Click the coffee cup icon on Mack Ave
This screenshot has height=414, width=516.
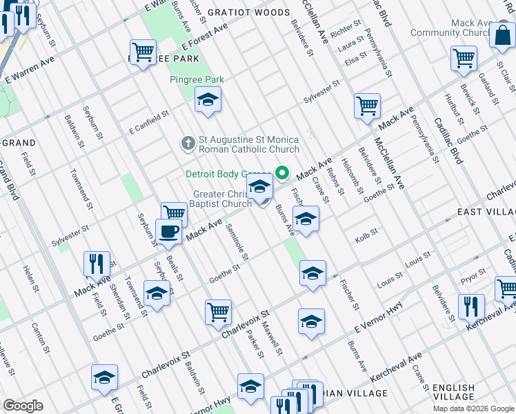(168, 232)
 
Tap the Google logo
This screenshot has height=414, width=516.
(23, 406)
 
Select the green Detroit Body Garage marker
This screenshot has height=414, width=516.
(282, 172)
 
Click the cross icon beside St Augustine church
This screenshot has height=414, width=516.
(187, 144)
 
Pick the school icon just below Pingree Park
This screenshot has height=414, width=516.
(208, 100)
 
